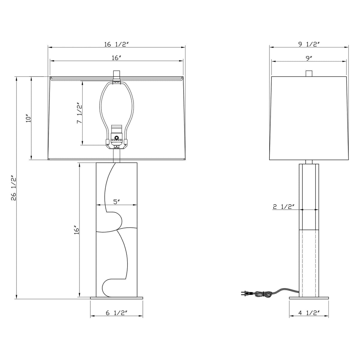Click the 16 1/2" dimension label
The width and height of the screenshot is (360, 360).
(x=116, y=44)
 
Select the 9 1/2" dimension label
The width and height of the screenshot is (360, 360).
(x=309, y=44)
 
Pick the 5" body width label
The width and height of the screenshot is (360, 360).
(x=117, y=202)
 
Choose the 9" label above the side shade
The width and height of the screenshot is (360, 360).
(x=309, y=58)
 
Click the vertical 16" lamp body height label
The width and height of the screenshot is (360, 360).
(x=77, y=230)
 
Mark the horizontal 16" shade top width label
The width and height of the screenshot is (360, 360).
(x=116, y=58)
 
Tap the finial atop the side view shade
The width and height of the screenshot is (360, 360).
(x=309, y=73)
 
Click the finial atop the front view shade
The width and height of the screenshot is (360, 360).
(x=116, y=74)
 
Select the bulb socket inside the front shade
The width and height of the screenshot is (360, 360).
(x=116, y=136)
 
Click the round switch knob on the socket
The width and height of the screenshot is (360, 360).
(x=117, y=138)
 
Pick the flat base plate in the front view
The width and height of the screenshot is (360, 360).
(x=117, y=298)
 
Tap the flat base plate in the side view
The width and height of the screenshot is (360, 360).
(x=309, y=298)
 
